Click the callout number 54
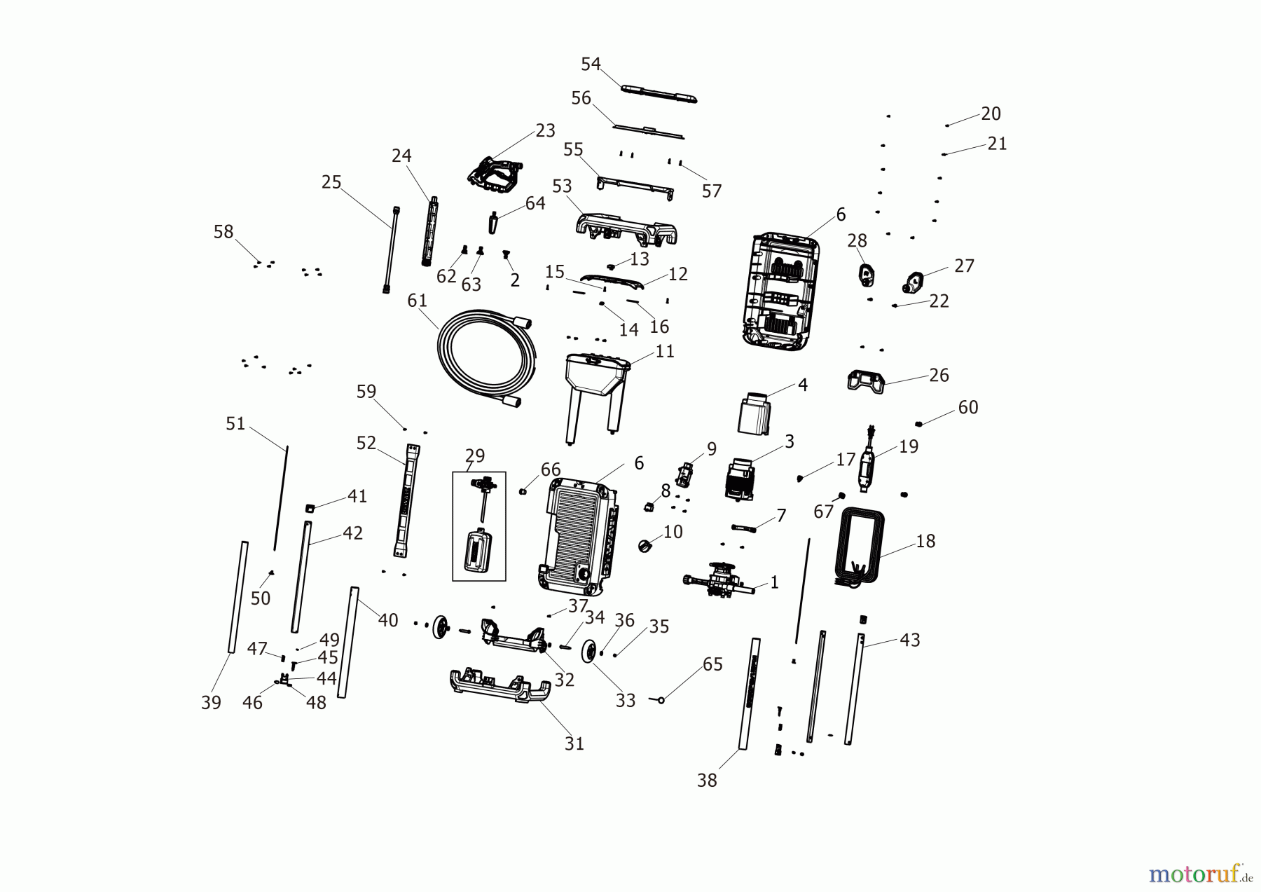591,64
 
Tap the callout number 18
925,541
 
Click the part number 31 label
574,743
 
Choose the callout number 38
707,780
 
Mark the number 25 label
331,182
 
